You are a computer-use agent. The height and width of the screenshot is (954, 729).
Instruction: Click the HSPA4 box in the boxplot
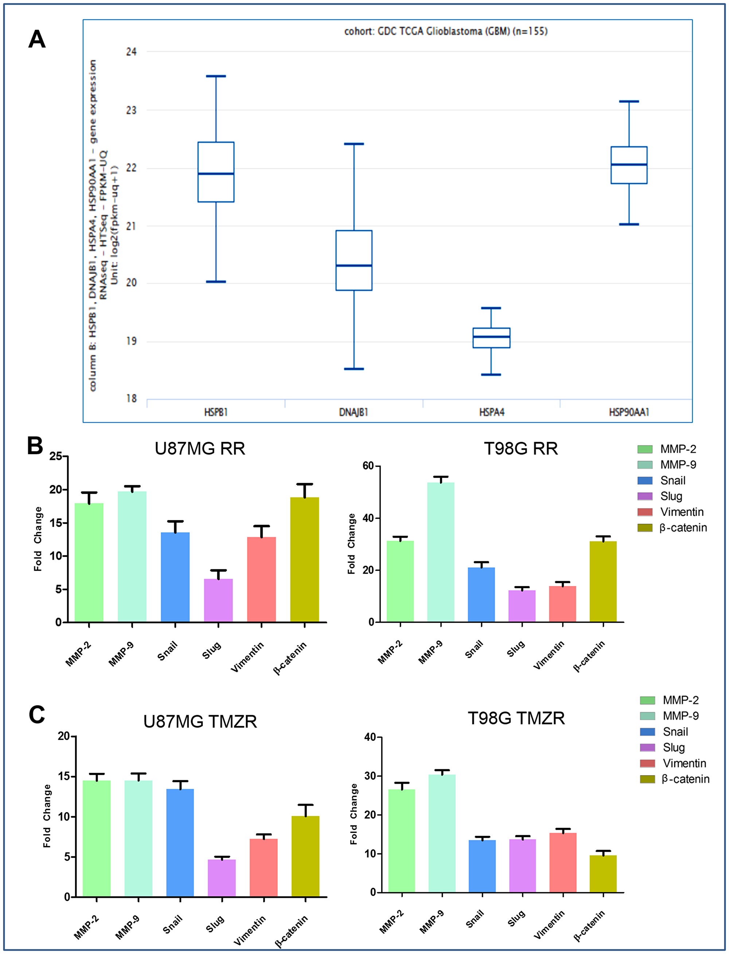click(491, 337)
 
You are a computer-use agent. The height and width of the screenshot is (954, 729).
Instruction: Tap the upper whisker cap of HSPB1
click(216, 77)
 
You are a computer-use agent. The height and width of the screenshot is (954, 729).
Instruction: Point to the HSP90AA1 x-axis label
click(629, 412)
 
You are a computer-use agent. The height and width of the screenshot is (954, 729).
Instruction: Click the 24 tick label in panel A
click(131, 52)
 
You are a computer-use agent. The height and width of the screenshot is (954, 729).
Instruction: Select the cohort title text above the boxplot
click(446, 31)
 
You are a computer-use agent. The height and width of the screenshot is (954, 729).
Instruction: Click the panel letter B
click(35, 446)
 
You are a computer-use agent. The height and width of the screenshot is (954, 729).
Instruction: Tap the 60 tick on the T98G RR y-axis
click(368, 466)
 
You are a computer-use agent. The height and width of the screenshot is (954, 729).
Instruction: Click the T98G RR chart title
click(521, 449)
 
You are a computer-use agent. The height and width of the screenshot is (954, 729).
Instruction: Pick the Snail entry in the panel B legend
click(673, 480)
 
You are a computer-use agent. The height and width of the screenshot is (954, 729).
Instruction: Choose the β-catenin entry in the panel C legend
click(685, 779)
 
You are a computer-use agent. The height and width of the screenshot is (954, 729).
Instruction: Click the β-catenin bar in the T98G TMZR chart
click(603, 874)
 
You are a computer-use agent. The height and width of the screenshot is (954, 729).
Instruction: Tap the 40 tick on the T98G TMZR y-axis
click(370, 737)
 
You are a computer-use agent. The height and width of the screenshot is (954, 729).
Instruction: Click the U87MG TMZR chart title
click(200, 722)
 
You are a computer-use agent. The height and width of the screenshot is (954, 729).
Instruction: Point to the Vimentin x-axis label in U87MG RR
click(247, 657)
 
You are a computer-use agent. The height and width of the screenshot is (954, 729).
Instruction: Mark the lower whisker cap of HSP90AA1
click(629, 224)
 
